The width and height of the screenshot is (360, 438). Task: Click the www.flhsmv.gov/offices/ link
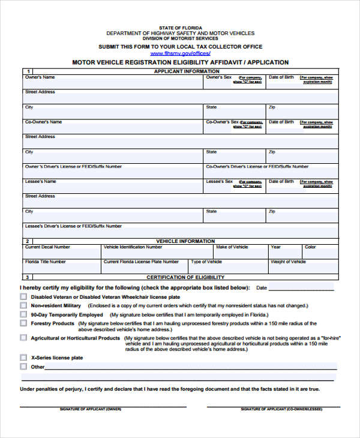(180, 53)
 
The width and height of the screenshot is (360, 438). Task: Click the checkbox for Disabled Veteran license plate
(23, 297)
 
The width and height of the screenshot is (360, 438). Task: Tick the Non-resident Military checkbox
(23, 306)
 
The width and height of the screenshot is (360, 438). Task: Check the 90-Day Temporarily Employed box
(23, 314)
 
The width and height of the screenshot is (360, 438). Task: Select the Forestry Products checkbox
(23, 324)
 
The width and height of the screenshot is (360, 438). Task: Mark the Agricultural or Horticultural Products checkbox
(23, 338)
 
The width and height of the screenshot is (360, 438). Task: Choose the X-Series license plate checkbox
(23, 358)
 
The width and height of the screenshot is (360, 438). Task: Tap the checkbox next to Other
(23, 367)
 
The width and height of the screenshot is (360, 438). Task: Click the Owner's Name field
(113, 83)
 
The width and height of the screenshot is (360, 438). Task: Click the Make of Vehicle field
(240, 251)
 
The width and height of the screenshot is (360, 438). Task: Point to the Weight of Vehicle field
(302, 266)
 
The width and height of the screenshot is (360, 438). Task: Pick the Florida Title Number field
(61, 266)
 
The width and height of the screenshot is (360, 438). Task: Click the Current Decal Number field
(61, 251)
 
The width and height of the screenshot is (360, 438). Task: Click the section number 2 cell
(28, 241)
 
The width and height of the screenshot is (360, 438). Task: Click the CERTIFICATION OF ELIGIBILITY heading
(185, 277)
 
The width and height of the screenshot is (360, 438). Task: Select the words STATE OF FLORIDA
(180, 28)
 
